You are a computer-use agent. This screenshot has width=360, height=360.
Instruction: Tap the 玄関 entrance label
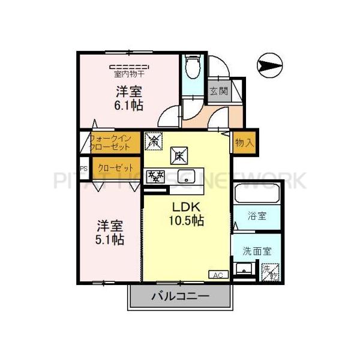218,92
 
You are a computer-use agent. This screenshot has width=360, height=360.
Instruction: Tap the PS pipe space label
83,169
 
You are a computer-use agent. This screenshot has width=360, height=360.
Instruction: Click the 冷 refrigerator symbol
153,142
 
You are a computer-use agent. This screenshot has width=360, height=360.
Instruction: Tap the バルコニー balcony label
179,296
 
